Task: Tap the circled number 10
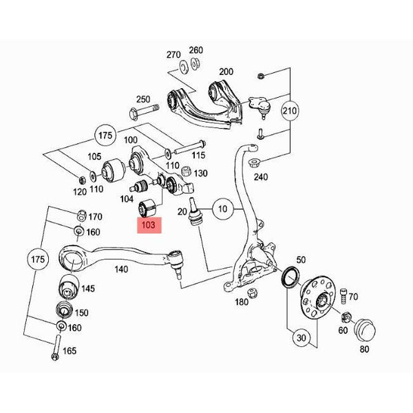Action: (222, 208)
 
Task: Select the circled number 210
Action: (290, 111)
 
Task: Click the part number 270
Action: (173, 53)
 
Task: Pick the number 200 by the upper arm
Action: (226, 72)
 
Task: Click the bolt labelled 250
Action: (141, 110)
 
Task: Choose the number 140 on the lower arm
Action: (121, 269)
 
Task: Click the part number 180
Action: (242, 302)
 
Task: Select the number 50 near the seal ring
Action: (301, 260)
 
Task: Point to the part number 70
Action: (354, 297)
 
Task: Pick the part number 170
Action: (95, 217)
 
